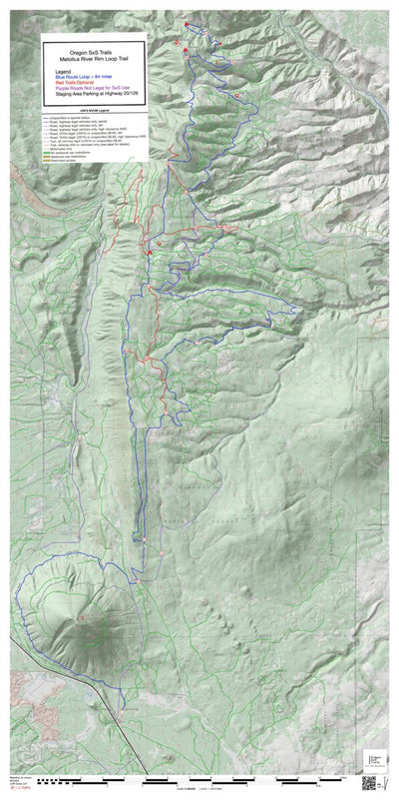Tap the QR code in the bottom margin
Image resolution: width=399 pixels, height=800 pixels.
(368, 783)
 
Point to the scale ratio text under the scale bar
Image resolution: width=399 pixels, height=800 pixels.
(199, 789)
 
